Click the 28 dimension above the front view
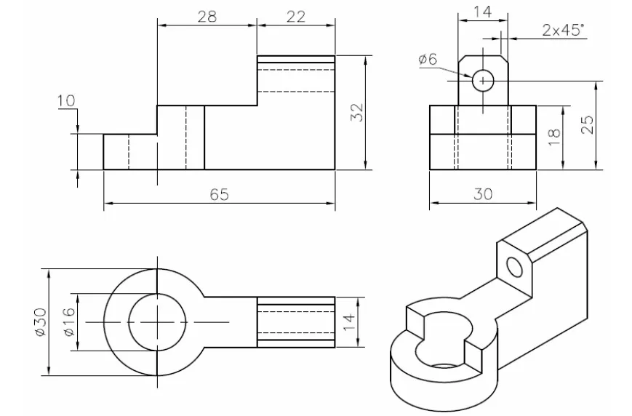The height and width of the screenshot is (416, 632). point(207,16)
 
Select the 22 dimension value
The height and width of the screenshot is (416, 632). point(295,16)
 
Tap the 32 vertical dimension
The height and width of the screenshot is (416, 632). point(356,113)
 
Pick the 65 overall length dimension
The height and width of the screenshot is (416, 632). point(219,194)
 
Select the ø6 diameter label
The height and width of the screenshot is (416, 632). point(428,60)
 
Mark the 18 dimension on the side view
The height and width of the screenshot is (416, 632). point(554,137)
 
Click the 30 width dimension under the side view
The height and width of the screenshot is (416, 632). point(483,194)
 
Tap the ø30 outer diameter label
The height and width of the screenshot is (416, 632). point(40,321)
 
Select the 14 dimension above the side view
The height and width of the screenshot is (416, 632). point(481,12)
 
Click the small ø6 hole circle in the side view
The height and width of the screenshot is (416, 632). point(483,81)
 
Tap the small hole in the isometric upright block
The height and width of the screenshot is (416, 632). point(514,267)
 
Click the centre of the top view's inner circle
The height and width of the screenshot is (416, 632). point(158,321)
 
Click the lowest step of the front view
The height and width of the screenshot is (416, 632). point(129,151)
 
